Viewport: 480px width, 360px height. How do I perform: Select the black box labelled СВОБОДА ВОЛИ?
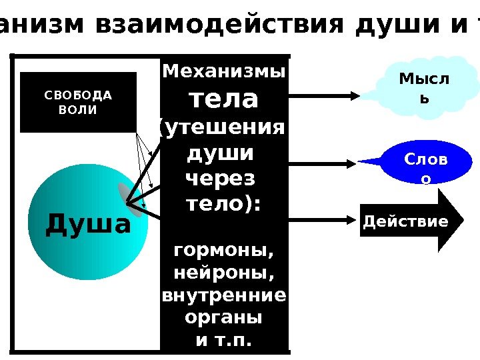tap(78, 102)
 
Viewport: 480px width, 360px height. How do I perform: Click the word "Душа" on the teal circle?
tap(88, 225)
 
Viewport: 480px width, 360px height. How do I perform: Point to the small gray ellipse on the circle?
tap(128, 199)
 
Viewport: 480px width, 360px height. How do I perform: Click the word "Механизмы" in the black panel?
tap(224, 71)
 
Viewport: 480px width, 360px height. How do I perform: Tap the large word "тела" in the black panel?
tap(224, 99)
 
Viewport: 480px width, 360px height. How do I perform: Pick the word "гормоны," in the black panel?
tap(224, 252)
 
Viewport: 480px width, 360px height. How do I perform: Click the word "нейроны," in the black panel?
tap(224, 274)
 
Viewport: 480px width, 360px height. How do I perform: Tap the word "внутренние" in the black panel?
tap(224, 295)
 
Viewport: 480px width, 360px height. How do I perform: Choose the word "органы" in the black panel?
tap(224, 318)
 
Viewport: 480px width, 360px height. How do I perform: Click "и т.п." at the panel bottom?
tap(224, 341)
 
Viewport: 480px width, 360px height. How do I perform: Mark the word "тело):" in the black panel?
tap(224, 205)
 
